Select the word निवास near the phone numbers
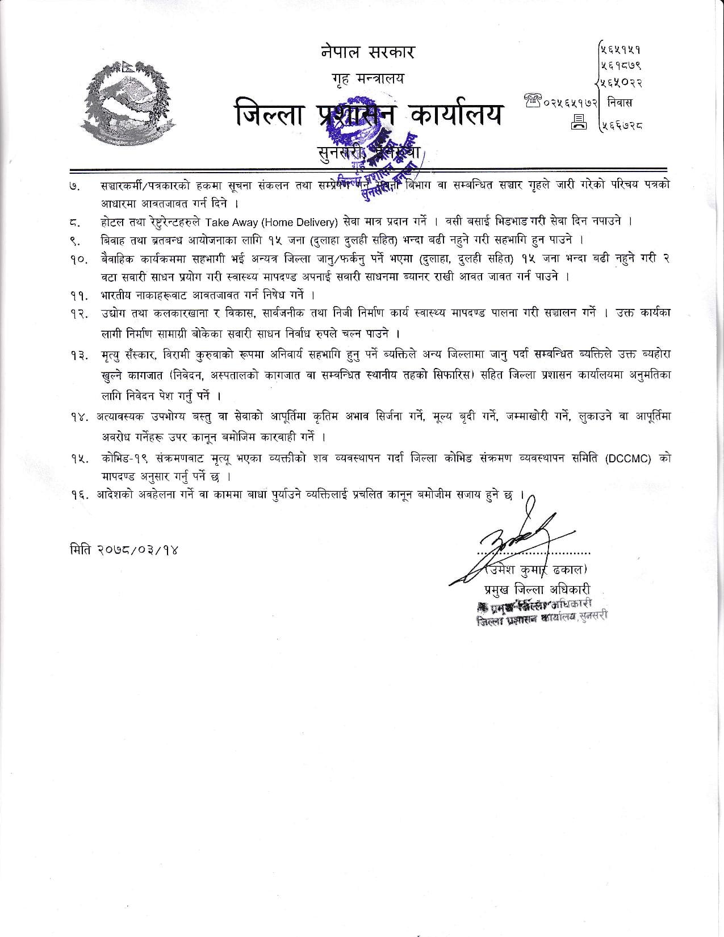tap(619, 103)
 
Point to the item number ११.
tap(78, 295)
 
